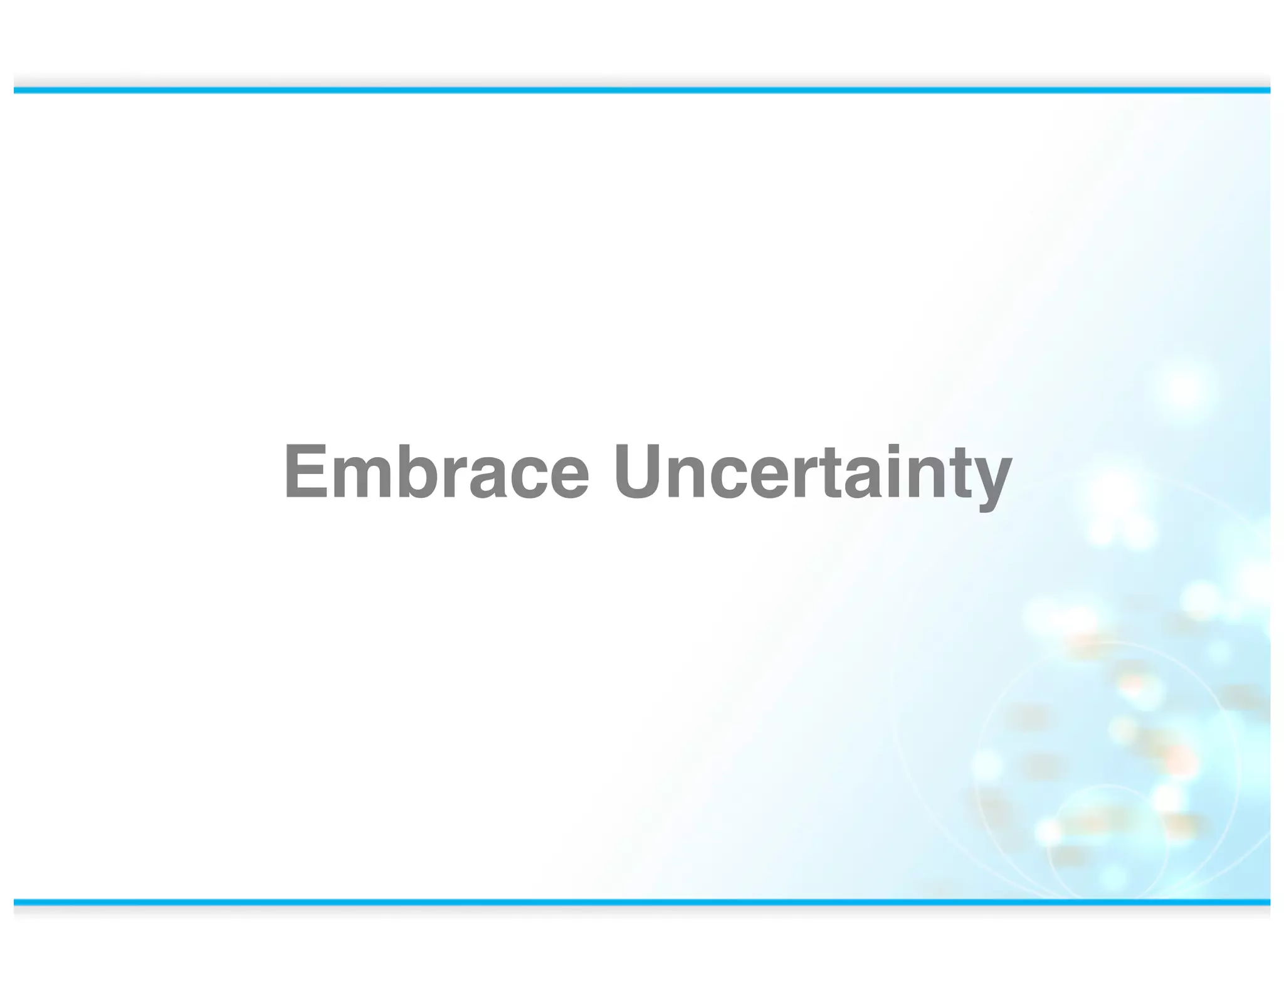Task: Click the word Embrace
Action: tap(436, 472)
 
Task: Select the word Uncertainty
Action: tap(813, 472)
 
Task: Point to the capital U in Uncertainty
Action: tap(639, 472)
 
